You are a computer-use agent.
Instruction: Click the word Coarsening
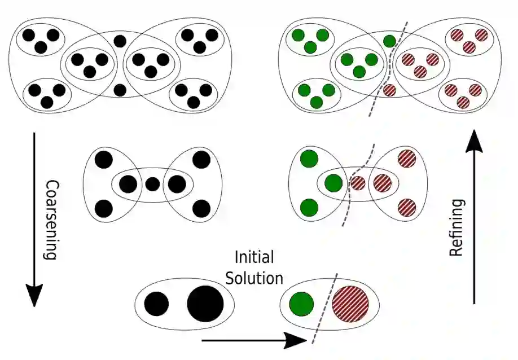click(x=51, y=219)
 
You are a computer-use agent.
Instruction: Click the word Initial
click(x=254, y=258)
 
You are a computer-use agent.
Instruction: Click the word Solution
click(x=259, y=278)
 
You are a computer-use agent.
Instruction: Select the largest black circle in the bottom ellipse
click(x=204, y=305)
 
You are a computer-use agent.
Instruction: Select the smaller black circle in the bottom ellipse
click(x=156, y=305)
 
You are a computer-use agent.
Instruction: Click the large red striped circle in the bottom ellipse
click(x=350, y=305)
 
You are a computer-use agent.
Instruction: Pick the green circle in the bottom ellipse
click(x=301, y=304)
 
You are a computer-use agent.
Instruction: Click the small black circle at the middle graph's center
click(x=152, y=183)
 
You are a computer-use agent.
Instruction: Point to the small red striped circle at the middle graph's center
click(x=358, y=183)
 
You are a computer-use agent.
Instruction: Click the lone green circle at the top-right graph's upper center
click(x=389, y=41)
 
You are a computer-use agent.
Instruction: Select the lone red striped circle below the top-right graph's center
click(x=389, y=89)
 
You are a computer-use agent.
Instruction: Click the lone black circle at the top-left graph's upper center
click(x=120, y=41)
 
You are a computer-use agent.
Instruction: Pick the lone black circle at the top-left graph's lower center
click(x=120, y=89)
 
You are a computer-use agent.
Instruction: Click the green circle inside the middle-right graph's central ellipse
click(x=333, y=183)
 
